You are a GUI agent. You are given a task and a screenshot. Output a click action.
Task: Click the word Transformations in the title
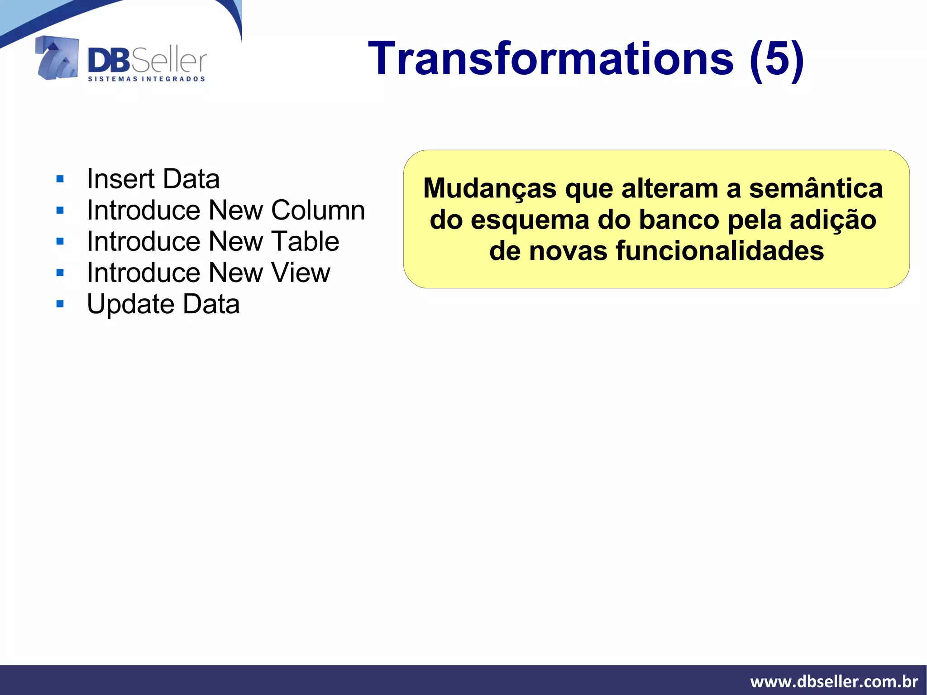[550, 59]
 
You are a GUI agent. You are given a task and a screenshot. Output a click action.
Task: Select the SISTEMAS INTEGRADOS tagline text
[146, 79]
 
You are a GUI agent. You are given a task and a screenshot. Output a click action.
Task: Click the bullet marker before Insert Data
[60, 179]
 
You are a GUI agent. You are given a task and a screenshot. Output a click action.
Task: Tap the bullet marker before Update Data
[60, 304]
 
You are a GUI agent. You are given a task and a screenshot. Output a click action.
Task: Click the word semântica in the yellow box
[816, 188]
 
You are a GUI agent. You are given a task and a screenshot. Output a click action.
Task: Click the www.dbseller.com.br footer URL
[834, 681]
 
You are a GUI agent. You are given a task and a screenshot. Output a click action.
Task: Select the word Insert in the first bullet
[121, 179]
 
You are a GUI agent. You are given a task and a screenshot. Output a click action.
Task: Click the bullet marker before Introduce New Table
[60, 242]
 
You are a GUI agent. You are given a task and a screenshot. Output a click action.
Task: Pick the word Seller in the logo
[169, 62]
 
